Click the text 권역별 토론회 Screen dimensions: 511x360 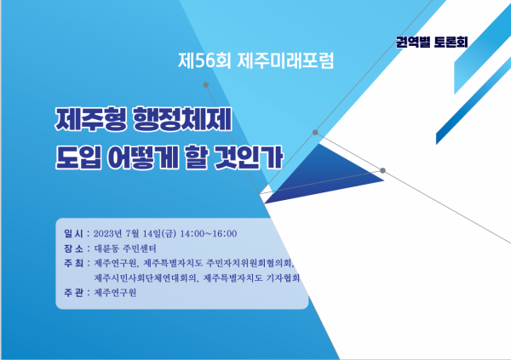[x=432, y=42]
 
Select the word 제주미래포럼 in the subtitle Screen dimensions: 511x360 [x=285, y=61]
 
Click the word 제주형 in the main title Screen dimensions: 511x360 [x=90, y=118]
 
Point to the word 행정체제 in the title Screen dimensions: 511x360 [x=182, y=118]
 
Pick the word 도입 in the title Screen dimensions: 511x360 [x=78, y=157]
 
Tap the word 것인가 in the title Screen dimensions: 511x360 [x=248, y=157]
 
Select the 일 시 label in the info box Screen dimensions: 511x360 [x=73, y=233]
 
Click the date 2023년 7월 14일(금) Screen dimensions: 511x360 [x=135, y=233]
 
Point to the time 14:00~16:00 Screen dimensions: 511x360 [x=209, y=233]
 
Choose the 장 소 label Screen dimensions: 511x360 [x=73, y=249]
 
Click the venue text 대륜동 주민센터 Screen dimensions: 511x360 [x=125, y=249]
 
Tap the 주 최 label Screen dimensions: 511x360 [x=73, y=263]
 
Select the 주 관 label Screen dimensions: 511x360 [x=73, y=293]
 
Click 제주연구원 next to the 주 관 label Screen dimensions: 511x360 [x=115, y=293]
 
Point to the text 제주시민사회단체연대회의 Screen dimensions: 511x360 [x=146, y=278]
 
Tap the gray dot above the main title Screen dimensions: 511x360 [x=205, y=85]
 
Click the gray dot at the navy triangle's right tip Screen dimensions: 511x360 [x=382, y=170]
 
